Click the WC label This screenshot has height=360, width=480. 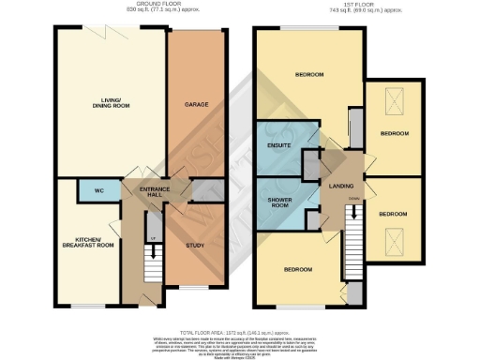pos(98,188)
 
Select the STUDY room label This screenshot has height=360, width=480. pos(195,246)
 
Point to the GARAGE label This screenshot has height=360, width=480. pos(195,104)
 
